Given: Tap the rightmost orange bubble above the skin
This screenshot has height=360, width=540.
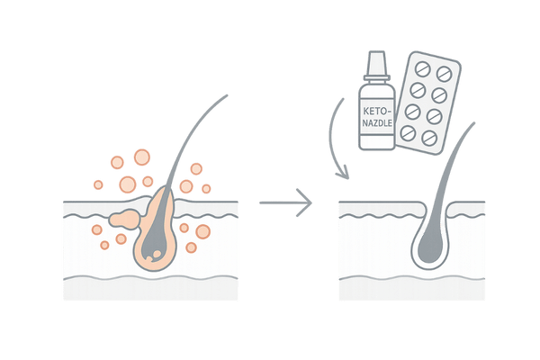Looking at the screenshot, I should (206, 189).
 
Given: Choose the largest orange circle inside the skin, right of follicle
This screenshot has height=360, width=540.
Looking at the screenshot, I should (202, 231).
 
